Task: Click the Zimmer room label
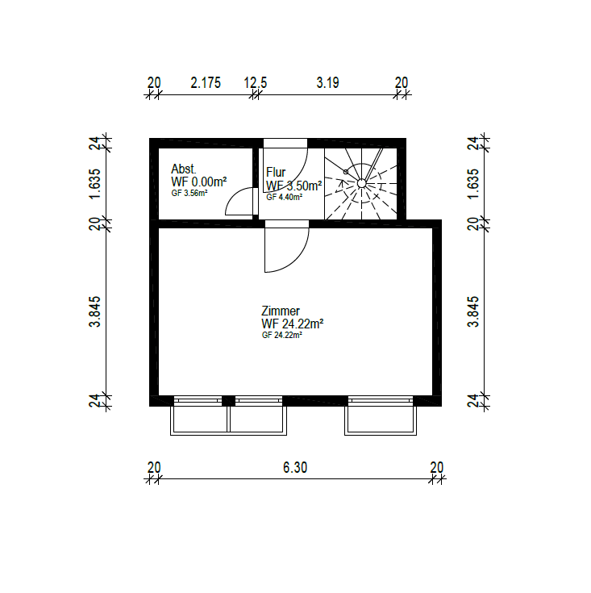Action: click(281, 311)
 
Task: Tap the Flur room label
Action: click(276, 173)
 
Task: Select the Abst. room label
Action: click(183, 169)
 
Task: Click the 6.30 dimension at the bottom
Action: click(295, 468)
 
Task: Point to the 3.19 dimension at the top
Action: click(327, 83)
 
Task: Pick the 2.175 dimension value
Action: click(206, 83)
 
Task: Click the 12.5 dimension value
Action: click(256, 83)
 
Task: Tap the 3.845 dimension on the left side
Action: click(95, 311)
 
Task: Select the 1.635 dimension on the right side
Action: click(473, 184)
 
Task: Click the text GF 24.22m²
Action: click(282, 335)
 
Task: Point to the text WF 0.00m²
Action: click(199, 182)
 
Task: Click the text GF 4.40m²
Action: click(284, 197)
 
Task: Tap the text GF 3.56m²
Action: click(189, 194)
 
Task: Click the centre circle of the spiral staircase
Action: click(362, 183)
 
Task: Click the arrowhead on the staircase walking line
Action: click(342, 183)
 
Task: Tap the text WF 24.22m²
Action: click(293, 324)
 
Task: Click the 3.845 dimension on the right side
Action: click(473, 311)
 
